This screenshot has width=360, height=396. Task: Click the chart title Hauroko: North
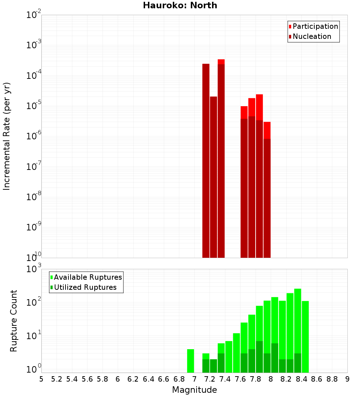[x=180, y=5]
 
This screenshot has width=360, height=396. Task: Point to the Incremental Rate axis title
[x=7, y=136]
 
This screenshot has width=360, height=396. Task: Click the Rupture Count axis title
[x=14, y=320]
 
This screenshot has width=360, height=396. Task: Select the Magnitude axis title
[x=194, y=390]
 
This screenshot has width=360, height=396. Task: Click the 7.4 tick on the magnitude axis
[x=225, y=379]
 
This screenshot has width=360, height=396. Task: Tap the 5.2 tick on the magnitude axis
[x=57, y=379]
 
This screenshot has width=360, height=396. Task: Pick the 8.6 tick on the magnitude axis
[x=317, y=379]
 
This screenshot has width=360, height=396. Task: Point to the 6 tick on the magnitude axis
[x=118, y=379]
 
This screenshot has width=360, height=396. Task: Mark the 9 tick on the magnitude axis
[x=347, y=379]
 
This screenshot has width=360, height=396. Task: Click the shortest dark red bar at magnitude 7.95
[x=267, y=198]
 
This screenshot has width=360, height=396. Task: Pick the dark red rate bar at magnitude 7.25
[x=213, y=176]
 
